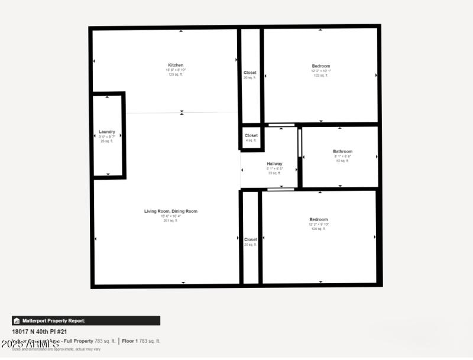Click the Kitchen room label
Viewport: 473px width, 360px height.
[176, 65]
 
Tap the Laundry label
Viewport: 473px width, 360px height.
[107, 132]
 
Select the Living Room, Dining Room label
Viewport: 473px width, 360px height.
[171, 211]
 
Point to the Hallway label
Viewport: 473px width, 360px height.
[274, 164]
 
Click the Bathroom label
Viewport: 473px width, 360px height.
[342, 151]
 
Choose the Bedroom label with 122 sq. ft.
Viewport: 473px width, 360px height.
[321, 66]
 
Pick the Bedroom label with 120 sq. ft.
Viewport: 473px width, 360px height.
[318, 219]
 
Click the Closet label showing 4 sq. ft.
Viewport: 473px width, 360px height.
[251, 135]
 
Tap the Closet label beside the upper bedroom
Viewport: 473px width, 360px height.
[250, 73]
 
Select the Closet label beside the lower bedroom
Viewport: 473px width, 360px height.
[251, 239]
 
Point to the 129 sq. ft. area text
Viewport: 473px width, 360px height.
[176, 74]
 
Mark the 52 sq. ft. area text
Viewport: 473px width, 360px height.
[342, 161]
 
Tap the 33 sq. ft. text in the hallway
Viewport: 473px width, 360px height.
[274, 173]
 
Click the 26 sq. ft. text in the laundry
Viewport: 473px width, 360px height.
[106, 141]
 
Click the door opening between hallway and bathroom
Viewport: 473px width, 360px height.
[300, 143]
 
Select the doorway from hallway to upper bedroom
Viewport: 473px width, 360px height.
[281, 125]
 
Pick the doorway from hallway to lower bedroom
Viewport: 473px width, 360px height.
[281, 189]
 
